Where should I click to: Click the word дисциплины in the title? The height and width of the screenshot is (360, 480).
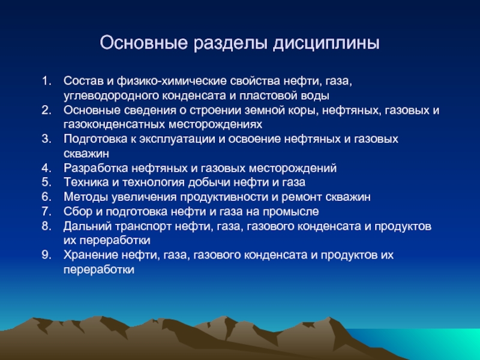pyautogui.click(x=326, y=43)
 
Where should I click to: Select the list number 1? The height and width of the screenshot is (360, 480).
pyautogui.click(x=47, y=81)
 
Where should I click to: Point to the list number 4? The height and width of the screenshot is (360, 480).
pyautogui.click(x=47, y=168)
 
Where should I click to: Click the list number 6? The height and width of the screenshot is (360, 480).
pyautogui.click(x=47, y=197)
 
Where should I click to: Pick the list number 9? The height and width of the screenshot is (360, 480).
pyautogui.click(x=47, y=255)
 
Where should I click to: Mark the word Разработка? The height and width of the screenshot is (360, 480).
pyautogui.click(x=96, y=168)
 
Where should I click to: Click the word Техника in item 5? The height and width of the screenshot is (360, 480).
pyautogui.click(x=86, y=182)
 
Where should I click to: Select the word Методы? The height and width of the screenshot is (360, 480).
pyautogui.click(x=86, y=197)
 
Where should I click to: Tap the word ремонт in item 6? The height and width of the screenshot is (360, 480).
pyautogui.click(x=302, y=197)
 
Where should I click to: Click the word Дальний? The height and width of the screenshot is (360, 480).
pyautogui.click(x=88, y=226)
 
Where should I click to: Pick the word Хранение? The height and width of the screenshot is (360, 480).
pyautogui.click(x=91, y=255)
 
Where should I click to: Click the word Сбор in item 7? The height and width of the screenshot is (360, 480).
pyautogui.click(x=78, y=211)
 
